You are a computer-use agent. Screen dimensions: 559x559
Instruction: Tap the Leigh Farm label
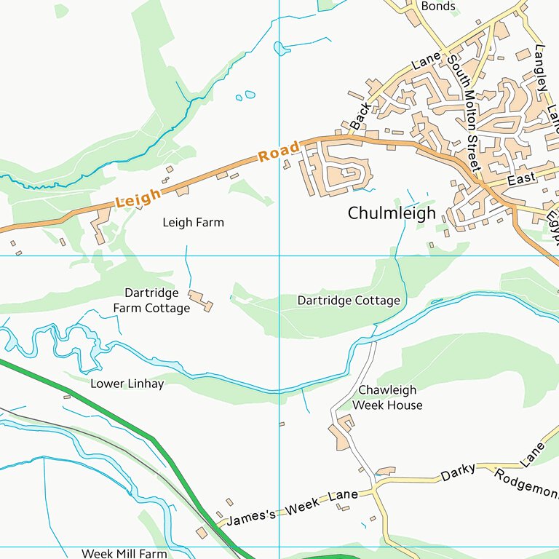tap(193, 223)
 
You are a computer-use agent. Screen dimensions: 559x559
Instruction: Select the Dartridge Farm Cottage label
tap(151, 301)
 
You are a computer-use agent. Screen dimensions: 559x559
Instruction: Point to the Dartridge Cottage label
tap(349, 301)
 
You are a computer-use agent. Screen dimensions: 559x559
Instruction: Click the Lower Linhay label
tap(127, 384)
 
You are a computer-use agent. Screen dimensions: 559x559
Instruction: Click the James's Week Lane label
tap(292, 507)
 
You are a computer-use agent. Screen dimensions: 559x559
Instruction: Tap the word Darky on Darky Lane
tap(459, 472)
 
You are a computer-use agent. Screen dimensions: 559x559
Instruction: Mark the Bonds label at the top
tap(438, 7)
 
